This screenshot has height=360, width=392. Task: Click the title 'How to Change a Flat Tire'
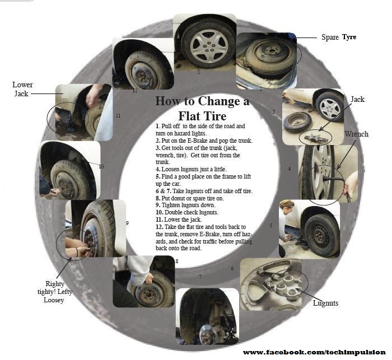(203, 108)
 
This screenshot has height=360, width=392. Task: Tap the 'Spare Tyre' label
(339, 38)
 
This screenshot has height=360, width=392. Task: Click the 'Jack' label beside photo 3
(357, 99)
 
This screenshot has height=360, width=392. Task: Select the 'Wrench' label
(356, 134)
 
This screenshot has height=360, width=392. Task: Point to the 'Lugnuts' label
(325, 303)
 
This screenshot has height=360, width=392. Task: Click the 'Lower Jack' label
(22, 89)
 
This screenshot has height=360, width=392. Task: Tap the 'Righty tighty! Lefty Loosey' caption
(55, 292)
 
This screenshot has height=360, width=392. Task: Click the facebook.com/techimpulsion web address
(314, 352)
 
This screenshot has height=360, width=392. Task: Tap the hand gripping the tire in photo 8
(148, 278)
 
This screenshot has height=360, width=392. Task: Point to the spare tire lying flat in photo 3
(298, 122)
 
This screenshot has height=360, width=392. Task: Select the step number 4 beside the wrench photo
(290, 169)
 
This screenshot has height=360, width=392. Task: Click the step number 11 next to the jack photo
(118, 116)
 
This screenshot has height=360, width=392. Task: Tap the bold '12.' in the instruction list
(160, 227)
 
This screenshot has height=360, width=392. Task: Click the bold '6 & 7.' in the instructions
(164, 191)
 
